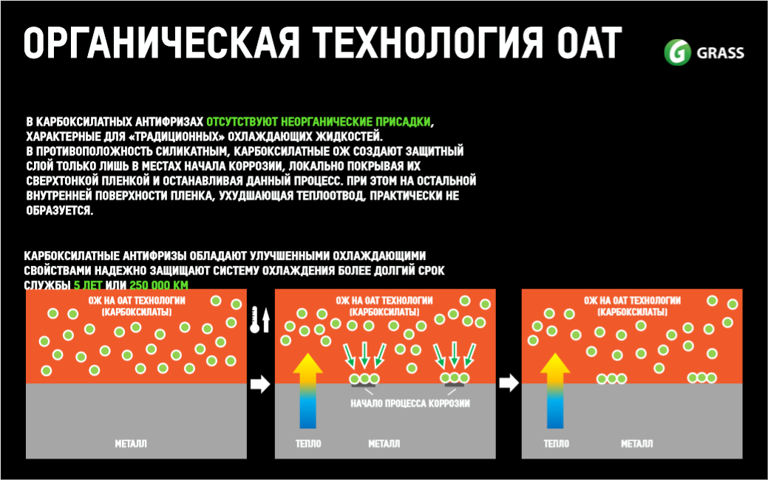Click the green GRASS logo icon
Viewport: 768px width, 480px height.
click(678, 52)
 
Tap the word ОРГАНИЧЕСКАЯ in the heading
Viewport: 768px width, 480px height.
click(161, 43)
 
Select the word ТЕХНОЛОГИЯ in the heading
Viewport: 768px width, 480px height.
click(428, 43)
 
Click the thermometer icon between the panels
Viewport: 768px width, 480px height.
click(255, 320)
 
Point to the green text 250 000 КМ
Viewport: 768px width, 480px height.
click(159, 285)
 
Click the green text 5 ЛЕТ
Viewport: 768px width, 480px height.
click(88, 285)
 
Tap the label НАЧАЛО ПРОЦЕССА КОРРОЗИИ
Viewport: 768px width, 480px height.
click(410, 404)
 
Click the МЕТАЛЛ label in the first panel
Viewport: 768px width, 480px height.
click(131, 444)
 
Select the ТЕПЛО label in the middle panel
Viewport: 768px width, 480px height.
click(308, 444)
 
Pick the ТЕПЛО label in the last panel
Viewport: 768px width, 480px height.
click(556, 444)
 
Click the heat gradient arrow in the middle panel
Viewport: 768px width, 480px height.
click(307, 391)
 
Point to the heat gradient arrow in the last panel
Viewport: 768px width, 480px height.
click(555, 391)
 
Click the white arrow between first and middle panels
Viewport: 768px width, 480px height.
click(260, 383)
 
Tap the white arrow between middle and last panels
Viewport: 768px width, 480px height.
click(509, 383)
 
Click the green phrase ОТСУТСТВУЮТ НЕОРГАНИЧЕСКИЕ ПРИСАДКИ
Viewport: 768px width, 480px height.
click(319, 122)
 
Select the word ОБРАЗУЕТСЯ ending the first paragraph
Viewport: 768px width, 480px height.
click(59, 211)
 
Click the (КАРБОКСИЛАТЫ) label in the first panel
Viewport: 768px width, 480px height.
click(137, 312)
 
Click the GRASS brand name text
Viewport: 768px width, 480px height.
click(721, 53)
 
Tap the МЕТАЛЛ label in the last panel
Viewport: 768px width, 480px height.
click(636, 444)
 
